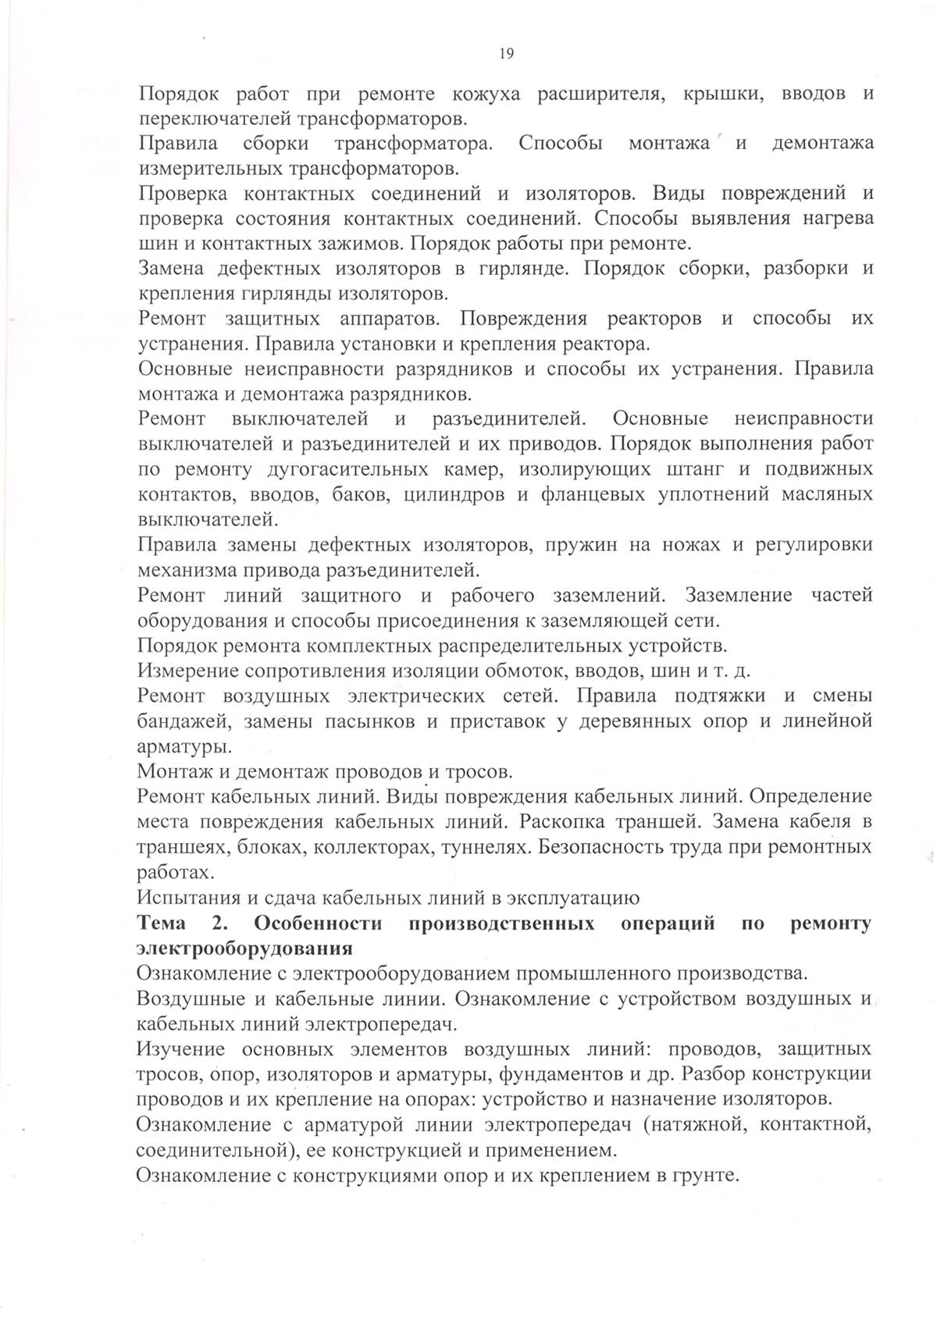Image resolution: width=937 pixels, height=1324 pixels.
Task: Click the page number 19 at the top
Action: [x=505, y=53]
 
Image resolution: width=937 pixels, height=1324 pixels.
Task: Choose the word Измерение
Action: [x=187, y=671]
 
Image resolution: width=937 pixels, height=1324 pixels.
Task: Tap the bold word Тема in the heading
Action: [x=162, y=923]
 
